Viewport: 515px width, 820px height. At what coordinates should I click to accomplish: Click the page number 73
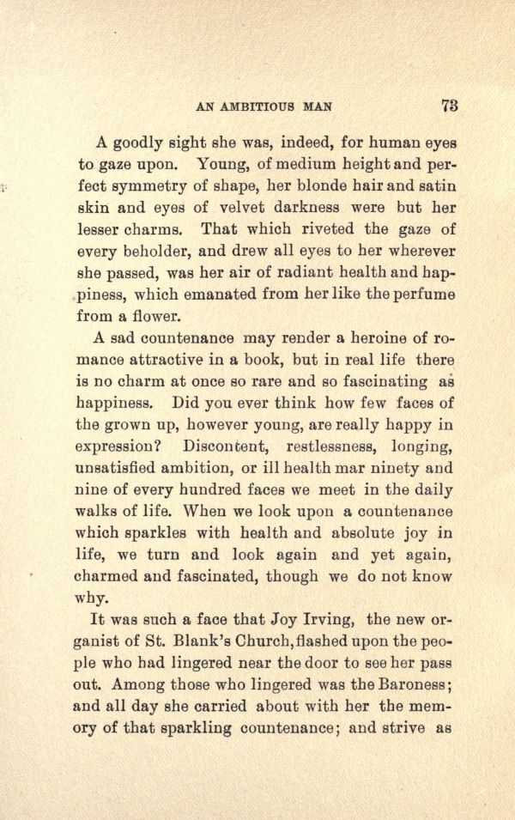(x=449, y=106)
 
